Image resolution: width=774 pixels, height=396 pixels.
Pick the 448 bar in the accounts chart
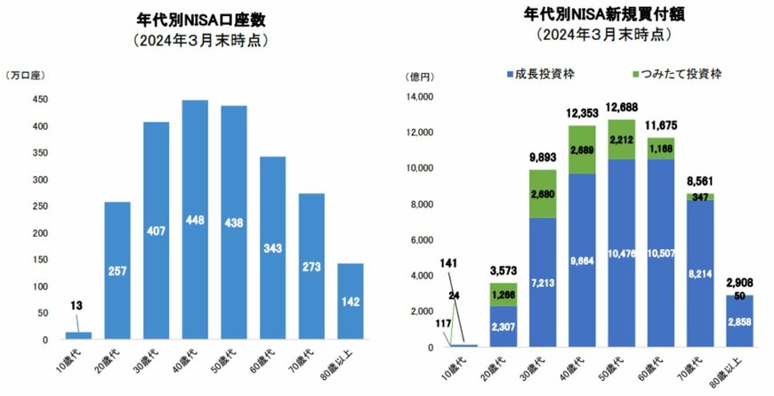point(195,220)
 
